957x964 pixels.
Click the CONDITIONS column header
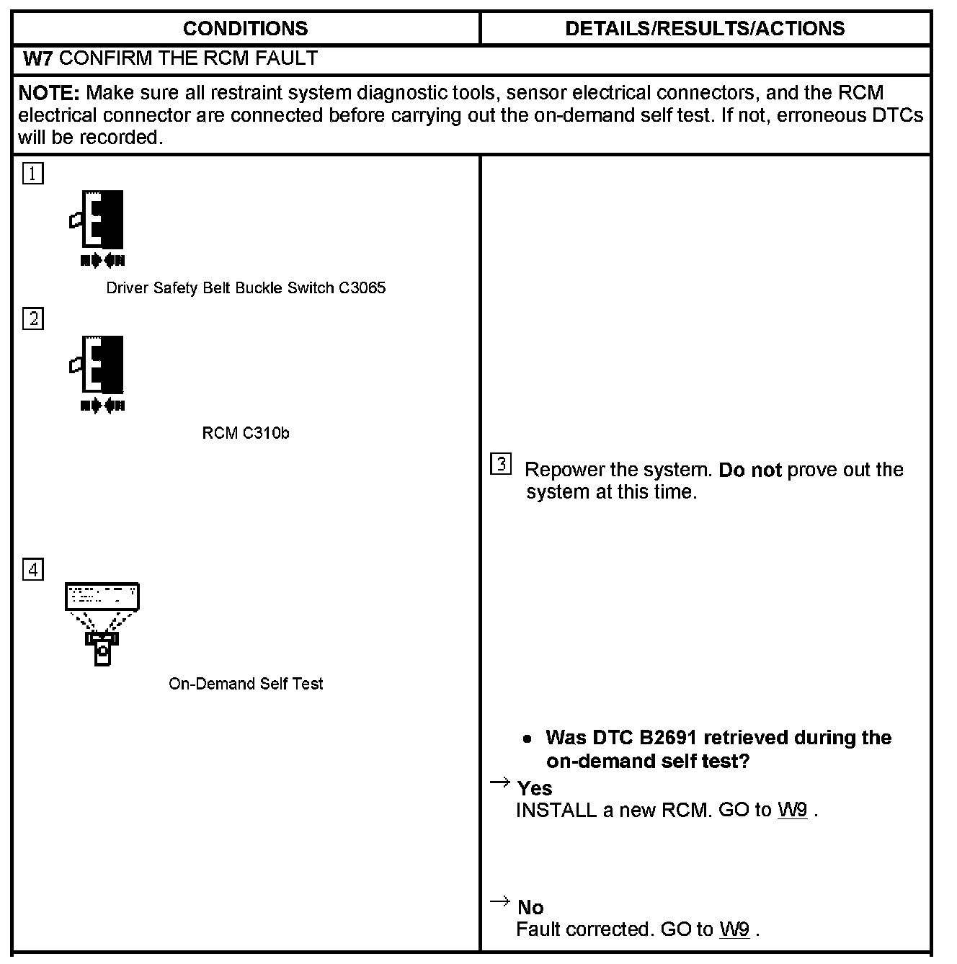(x=245, y=29)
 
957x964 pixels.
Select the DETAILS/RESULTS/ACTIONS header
(x=705, y=29)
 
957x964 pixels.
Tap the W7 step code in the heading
(x=37, y=59)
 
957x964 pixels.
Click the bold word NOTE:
(x=48, y=93)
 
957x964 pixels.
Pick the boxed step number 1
(x=33, y=174)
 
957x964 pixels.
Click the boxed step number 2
(x=33, y=318)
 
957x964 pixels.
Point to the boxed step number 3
(x=501, y=464)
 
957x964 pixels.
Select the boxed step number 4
(x=33, y=570)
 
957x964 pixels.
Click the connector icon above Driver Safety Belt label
(x=99, y=228)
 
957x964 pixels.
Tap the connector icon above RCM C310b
(x=99, y=372)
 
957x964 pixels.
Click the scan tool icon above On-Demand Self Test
(x=102, y=623)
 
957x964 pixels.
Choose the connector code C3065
(x=362, y=288)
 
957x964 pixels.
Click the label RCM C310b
(x=246, y=433)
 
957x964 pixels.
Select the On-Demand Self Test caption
(x=246, y=684)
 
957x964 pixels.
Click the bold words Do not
(x=750, y=470)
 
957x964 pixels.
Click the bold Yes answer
(x=535, y=788)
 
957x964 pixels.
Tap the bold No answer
(x=530, y=907)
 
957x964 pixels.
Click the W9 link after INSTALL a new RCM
(x=792, y=811)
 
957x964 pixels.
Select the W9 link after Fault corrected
(x=734, y=929)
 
